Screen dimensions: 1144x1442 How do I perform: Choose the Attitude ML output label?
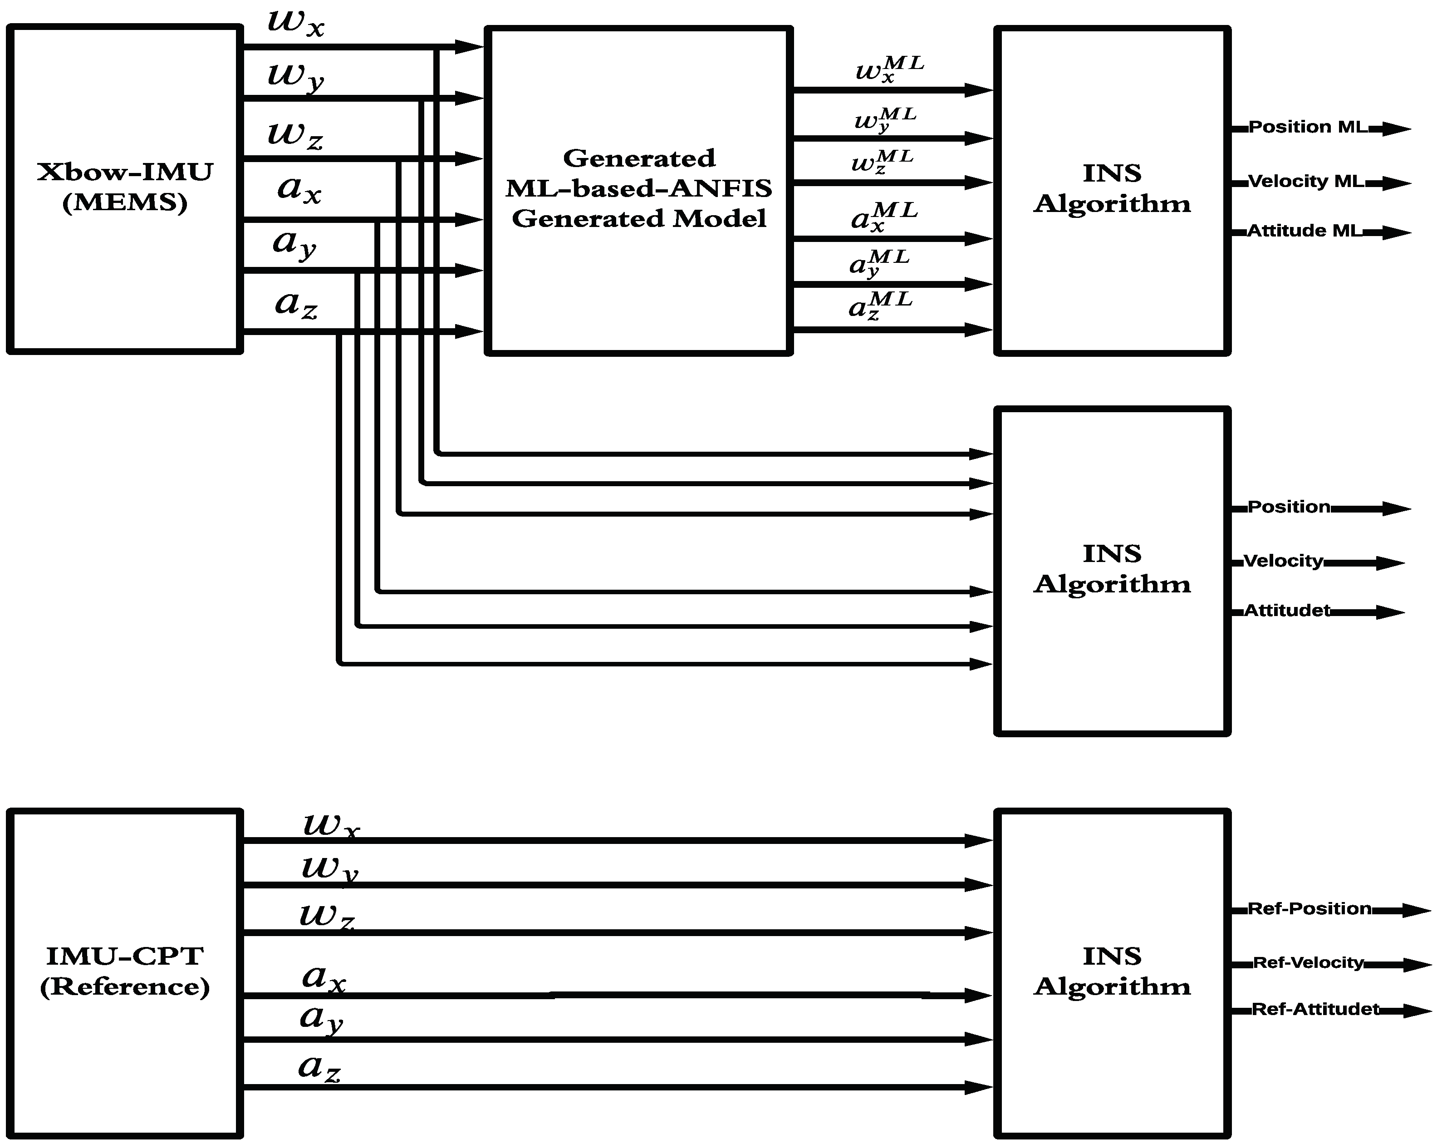click(x=1304, y=231)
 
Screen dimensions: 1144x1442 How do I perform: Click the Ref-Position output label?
click(x=1310, y=908)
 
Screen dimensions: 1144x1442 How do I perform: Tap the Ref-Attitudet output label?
click(x=1315, y=1009)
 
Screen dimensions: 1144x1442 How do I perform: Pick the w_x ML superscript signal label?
click(x=889, y=69)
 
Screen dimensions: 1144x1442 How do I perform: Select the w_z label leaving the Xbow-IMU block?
click(x=295, y=134)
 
